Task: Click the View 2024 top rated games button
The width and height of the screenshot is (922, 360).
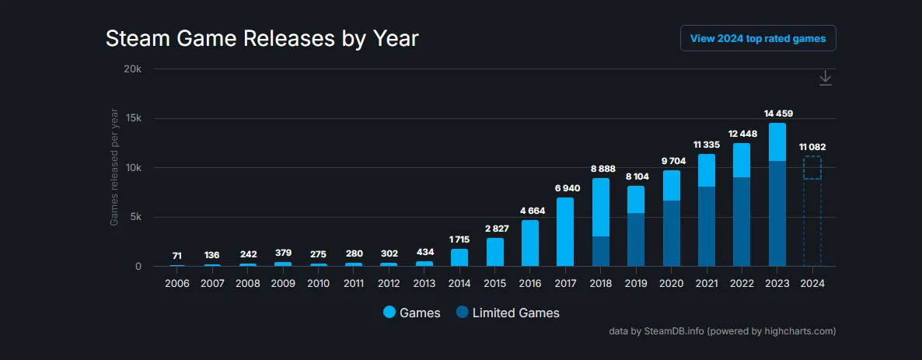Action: pos(758,38)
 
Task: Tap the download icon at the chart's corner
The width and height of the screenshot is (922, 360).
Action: pos(826,79)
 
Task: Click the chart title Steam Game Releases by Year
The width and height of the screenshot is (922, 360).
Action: pos(262,39)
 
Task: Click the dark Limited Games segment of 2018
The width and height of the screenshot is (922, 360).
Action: pos(601,251)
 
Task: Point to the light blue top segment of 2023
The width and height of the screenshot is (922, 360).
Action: pos(777,142)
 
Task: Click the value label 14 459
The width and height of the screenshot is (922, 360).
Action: pos(778,114)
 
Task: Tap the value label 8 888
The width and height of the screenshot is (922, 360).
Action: pos(602,169)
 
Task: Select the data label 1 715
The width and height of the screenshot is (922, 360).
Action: pos(459,239)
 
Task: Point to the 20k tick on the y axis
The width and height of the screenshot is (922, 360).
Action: pos(132,69)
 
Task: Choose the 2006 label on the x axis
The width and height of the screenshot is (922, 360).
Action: pos(177,283)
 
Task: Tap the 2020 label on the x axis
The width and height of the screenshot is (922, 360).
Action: pos(671,283)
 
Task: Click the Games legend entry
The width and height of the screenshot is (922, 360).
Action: pos(412,313)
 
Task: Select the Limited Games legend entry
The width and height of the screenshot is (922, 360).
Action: pos(508,313)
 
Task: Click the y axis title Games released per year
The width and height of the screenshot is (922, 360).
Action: pos(114,167)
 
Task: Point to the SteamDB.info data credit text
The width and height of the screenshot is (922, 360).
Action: pos(722,331)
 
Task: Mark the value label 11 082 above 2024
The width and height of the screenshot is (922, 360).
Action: pos(812,147)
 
